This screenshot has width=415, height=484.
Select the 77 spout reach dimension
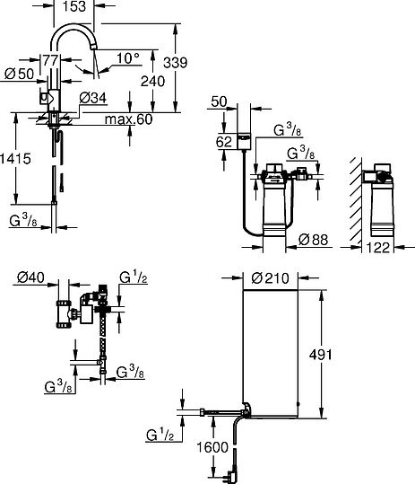[52, 60]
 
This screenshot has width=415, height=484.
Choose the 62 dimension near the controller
[223, 141]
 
